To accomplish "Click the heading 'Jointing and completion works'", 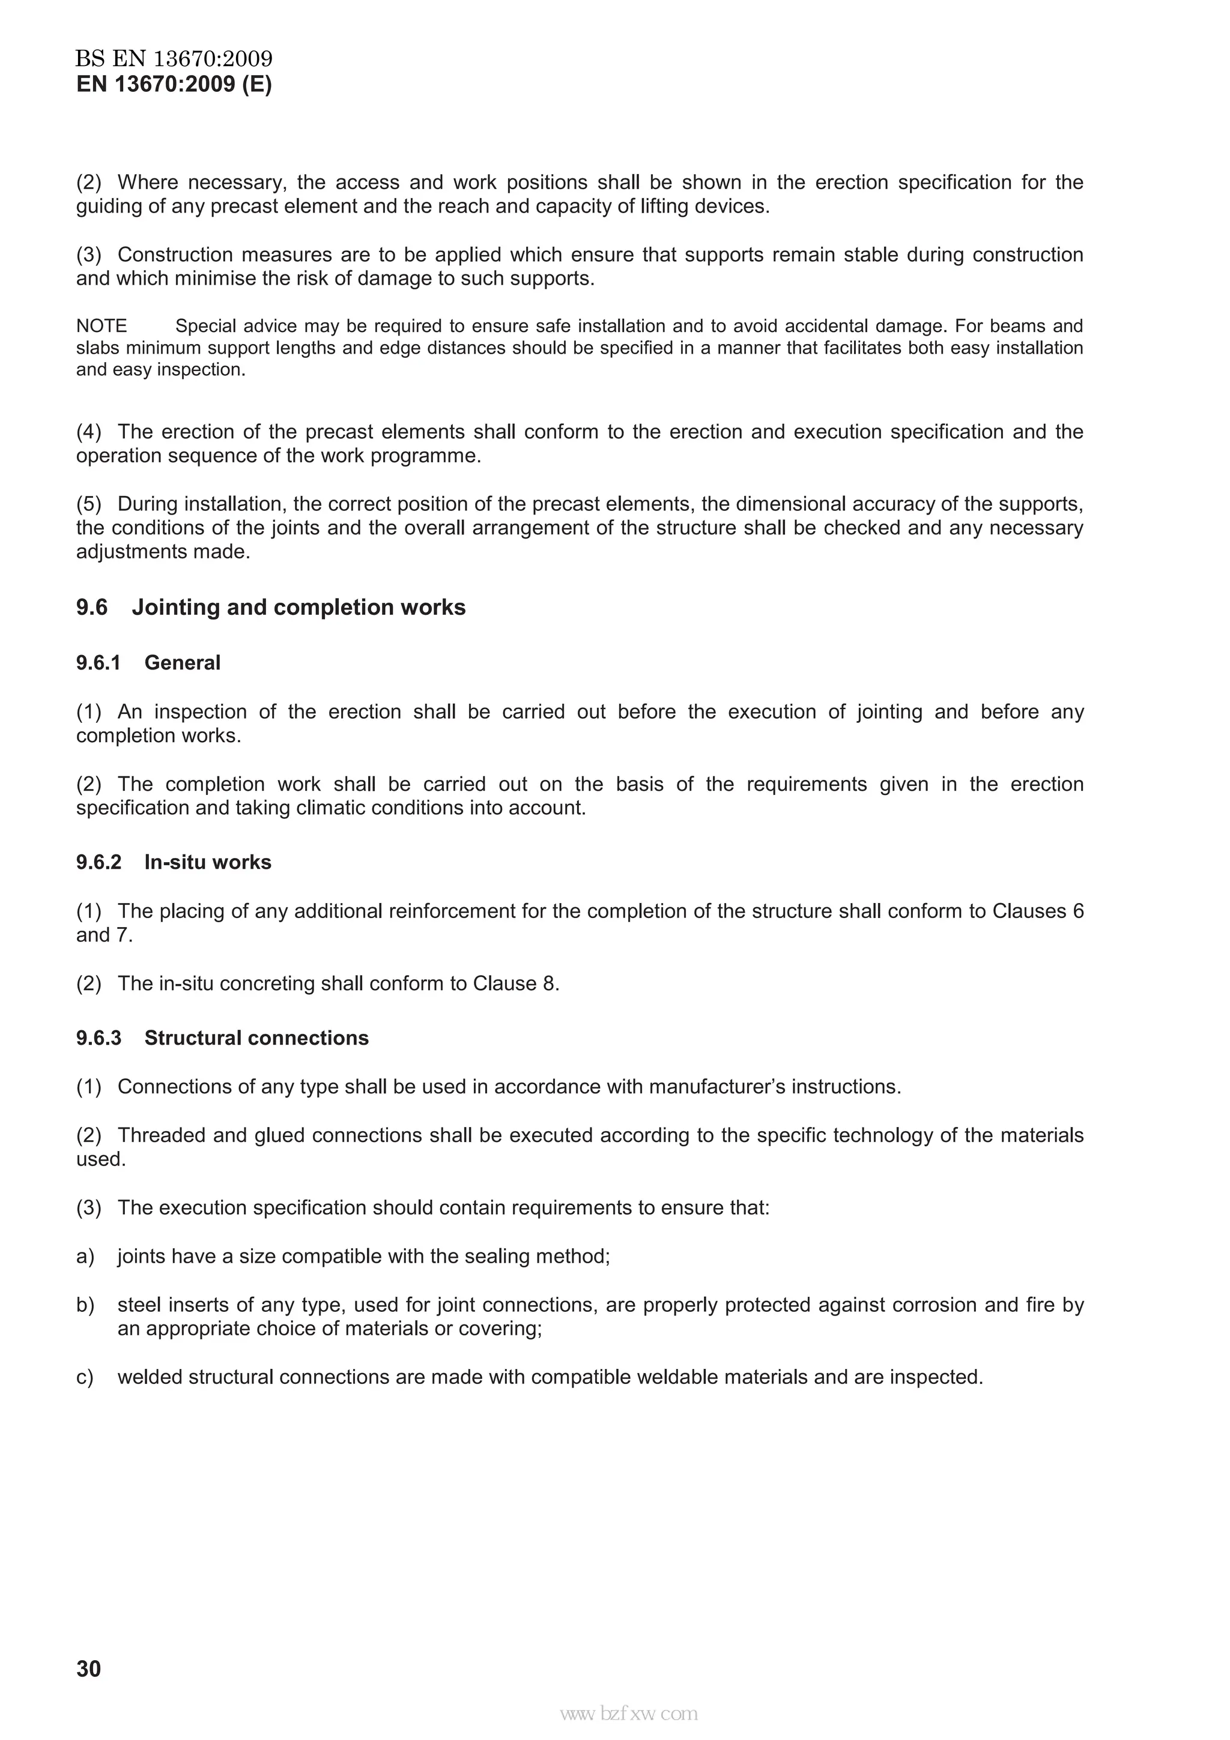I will (x=298, y=607).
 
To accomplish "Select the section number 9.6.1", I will (x=98, y=663).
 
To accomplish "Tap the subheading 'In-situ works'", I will (x=208, y=862).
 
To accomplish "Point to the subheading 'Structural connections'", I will (x=256, y=1038).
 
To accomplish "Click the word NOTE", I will (x=101, y=326).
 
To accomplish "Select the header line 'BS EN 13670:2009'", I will (x=174, y=58).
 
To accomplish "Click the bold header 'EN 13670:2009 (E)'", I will (x=174, y=84).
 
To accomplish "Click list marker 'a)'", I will (x=85, y=1257).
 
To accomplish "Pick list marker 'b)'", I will (x=85, y=1305).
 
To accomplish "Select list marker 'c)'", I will (x=85, y=1377).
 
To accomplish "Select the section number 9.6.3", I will (x=98, y=1038).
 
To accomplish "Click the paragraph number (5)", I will (x=89, y=504).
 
